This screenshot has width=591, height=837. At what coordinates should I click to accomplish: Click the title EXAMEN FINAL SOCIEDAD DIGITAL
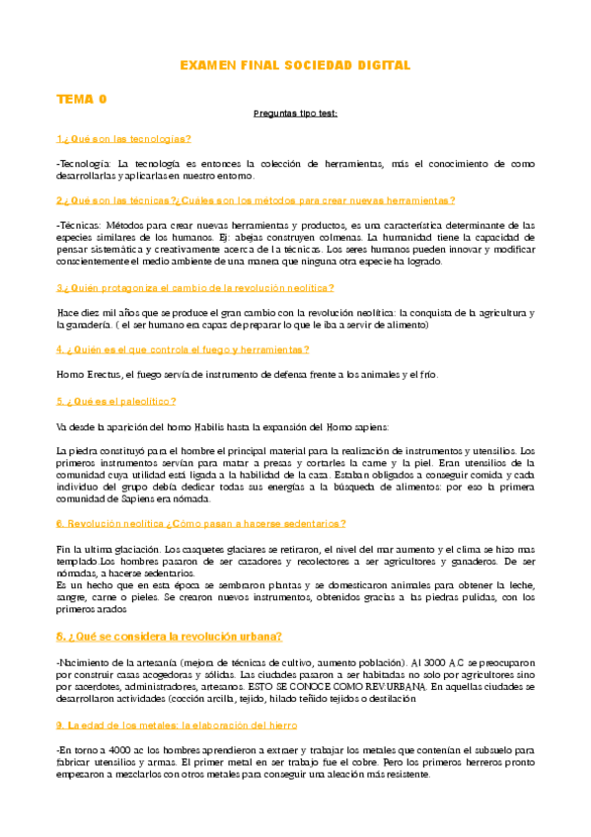coord(295,65)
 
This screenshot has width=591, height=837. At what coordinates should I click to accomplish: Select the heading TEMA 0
coord(82,99)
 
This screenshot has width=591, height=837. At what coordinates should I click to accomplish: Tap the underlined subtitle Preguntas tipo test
coord(295,114)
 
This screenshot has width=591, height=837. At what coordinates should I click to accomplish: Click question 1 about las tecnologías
coord(124,138)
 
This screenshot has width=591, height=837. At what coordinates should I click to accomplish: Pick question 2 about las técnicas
coord(256,199)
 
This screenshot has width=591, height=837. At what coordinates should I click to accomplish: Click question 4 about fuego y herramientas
coord(183,348)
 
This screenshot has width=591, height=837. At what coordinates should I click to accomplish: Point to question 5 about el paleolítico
coord(116,401)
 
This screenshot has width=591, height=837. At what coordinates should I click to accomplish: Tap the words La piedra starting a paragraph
coord(77,450)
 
